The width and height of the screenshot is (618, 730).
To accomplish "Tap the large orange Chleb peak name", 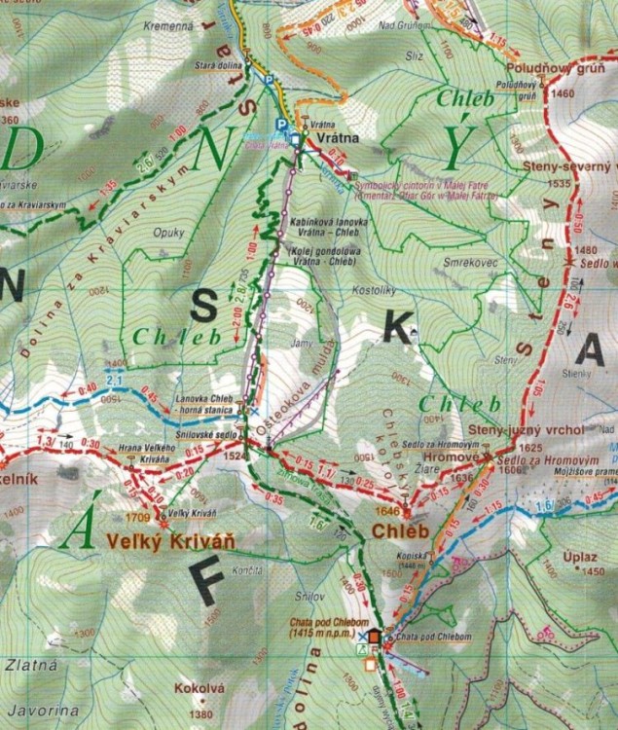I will click(x=399, y=532).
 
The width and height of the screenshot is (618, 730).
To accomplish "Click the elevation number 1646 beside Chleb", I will click(x=386, y=510).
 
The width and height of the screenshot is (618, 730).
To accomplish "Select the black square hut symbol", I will click(x=374, y=637).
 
